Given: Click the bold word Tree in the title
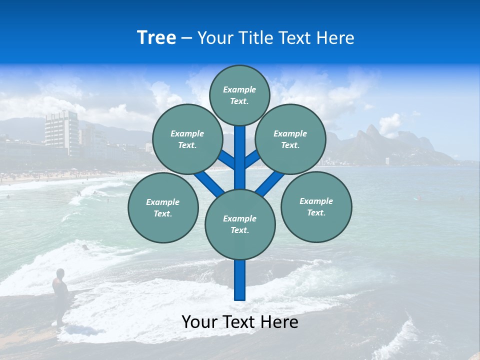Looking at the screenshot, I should click(156, 38).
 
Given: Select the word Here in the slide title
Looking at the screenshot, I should click(337, 38).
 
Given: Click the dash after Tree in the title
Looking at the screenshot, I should click(187, 38).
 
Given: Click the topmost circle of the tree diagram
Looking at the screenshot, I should click(239, 95).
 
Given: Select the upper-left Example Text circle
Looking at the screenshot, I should click(187, 139).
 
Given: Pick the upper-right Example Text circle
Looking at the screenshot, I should click(290, 139).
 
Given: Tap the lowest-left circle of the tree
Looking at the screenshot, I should click(163, 208).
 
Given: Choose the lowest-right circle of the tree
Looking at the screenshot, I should click(316, 207).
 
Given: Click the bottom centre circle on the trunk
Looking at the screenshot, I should click(240, 224).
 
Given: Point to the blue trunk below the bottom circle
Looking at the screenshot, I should click(240, 280).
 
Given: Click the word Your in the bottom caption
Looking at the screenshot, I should click(199, 322).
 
